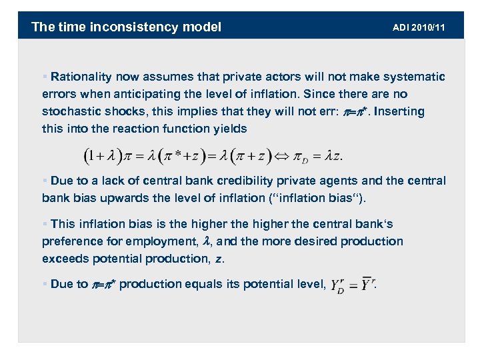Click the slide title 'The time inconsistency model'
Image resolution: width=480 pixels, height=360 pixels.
point(126,27)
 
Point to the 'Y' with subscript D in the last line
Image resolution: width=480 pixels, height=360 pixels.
point(338,286)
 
